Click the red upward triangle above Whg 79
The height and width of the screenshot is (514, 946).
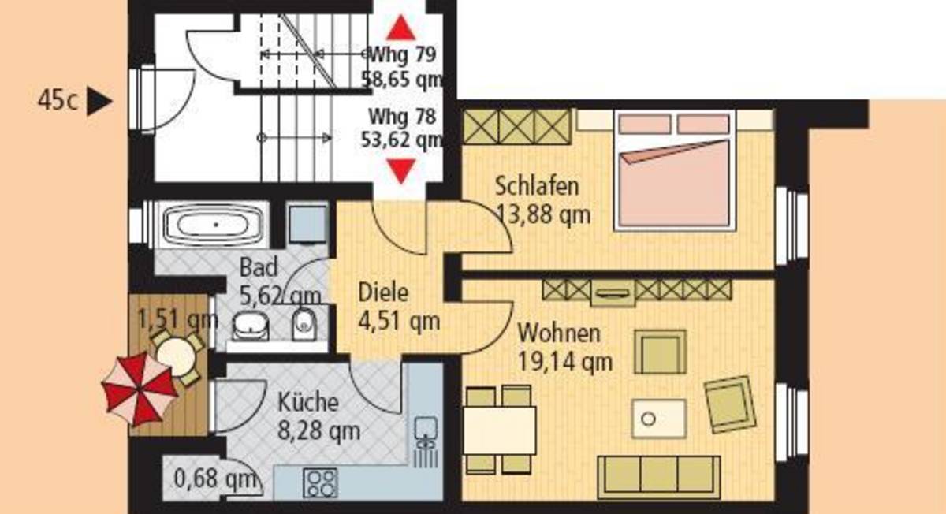coord(400,28)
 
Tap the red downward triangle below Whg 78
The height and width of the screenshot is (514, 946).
coord(400,171)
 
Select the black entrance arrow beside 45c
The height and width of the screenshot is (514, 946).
coord(99,101)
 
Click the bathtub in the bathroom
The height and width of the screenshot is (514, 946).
coord(214,224)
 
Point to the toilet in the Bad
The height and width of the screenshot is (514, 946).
coord(304,325)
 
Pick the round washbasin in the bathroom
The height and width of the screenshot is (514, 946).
coord(251,326)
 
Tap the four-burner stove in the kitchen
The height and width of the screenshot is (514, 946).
coord(321,482)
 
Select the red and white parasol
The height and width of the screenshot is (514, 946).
coord(139,389)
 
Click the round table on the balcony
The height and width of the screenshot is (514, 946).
coord(177,356)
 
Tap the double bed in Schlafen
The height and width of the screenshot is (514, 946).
coord(675,170)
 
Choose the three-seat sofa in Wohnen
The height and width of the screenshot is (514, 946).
coord(659,477)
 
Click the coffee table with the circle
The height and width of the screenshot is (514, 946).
coord(658,419)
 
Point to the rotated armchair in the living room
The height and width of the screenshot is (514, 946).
coord(730,404)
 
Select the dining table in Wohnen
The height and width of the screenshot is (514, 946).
coord(500,430)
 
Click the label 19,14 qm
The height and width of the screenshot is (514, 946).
coord(565,362)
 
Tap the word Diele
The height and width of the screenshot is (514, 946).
coord(383,293)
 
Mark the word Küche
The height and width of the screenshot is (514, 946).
coord(308,402)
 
